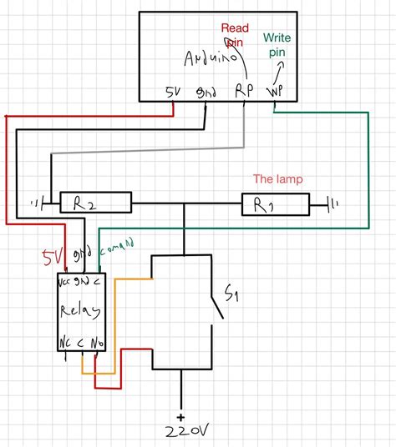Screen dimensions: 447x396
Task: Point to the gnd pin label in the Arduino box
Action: point(205,92)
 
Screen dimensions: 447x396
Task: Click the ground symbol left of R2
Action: point(36,202)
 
